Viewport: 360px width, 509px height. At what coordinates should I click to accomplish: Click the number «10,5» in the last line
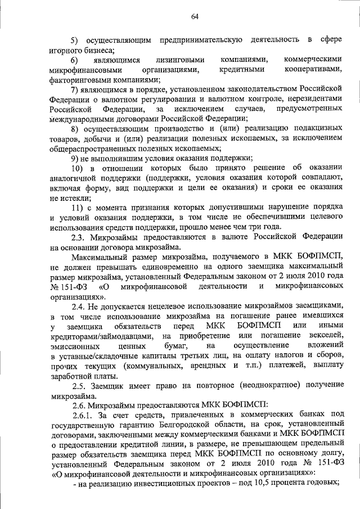coord(276,483)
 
